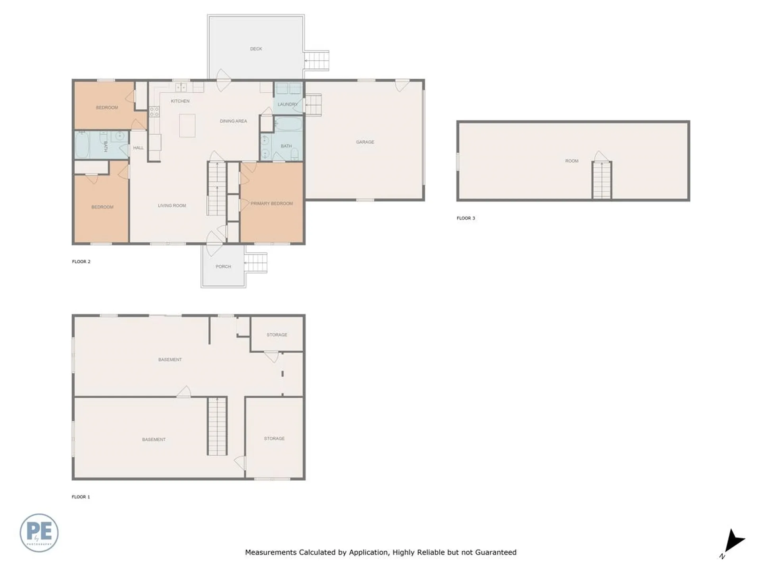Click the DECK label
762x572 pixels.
(256, 49)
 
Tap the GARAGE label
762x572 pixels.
(365, 142)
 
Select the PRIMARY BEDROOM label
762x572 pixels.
(271, 203)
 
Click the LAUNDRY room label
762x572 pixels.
(287, 104)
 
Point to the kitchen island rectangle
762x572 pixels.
(187, 126)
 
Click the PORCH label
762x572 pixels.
(223, 267)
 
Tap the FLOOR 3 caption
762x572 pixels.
(466, 218)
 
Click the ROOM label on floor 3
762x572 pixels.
(571, 161)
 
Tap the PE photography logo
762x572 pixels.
(39, 533)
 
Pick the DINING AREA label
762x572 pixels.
(233, 121)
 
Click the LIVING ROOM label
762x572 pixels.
(172, 205)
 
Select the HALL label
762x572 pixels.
(139, 148)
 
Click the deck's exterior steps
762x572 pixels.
(317, 61)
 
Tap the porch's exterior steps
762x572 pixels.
(256, 263)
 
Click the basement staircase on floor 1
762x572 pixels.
(217, 426)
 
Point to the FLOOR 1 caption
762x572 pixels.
(81, 497)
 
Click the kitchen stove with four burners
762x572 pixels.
(154, 112)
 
